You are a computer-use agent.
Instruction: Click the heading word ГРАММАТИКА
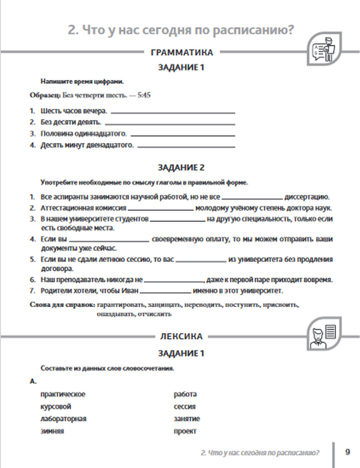coord(182,53)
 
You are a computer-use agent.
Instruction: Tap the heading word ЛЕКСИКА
coord(181,337)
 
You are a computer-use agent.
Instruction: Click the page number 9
coord(347,452)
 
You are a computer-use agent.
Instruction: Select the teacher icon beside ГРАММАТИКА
coord(324,50)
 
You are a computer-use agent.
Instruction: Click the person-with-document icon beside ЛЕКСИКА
coord(324,334)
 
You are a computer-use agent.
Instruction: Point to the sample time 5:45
coord(144,95)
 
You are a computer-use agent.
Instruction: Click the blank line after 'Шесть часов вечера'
coord(173,113)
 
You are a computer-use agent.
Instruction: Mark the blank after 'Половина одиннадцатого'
coord(183,135)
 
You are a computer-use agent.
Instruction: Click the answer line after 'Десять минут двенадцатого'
coord(186,147)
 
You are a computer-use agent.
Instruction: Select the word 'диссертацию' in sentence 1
coord(307,197)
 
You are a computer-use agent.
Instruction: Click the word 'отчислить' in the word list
coord(154,314)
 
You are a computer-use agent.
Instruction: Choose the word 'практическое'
coord(63,394)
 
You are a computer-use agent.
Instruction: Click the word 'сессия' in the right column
coord(184,407)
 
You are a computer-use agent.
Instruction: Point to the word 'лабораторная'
coord(63,419)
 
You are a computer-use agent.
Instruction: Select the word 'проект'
coord(185,431)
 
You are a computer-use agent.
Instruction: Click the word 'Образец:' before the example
coord(45,95)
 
